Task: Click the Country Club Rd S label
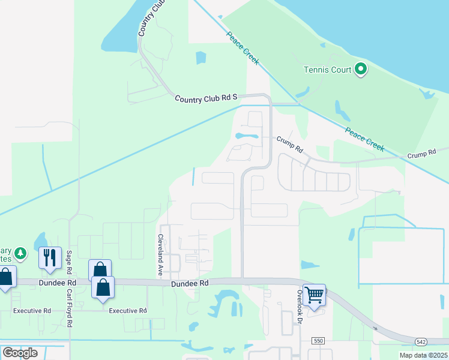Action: pyautogui.click(x=206, y=97)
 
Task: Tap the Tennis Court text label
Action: pyautogui.click(x=327, y=70)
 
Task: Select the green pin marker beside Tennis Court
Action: pyautogui.click(x=361, y=70)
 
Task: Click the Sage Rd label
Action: pyautogui.click(x=70, y=263)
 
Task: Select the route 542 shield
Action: pyautogui.click(x=421, y=341)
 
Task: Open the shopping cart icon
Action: pyautogui.click(x=315, y=295)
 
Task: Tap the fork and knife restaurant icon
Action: pyautogui.click(x=50, y=257)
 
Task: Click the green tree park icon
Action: pyautogui.click(x=21, y=253)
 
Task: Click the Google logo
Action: pyautogui.click(x=20, y=353)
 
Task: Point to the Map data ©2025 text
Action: pyautogui.click(x=423, y=355)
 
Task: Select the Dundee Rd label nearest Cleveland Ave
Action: pyautogui.click(x=190, y=283)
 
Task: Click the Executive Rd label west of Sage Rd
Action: pyautogui.click(x=32, y=311)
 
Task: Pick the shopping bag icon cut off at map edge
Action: pyautogui.click(x=5, y=278)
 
